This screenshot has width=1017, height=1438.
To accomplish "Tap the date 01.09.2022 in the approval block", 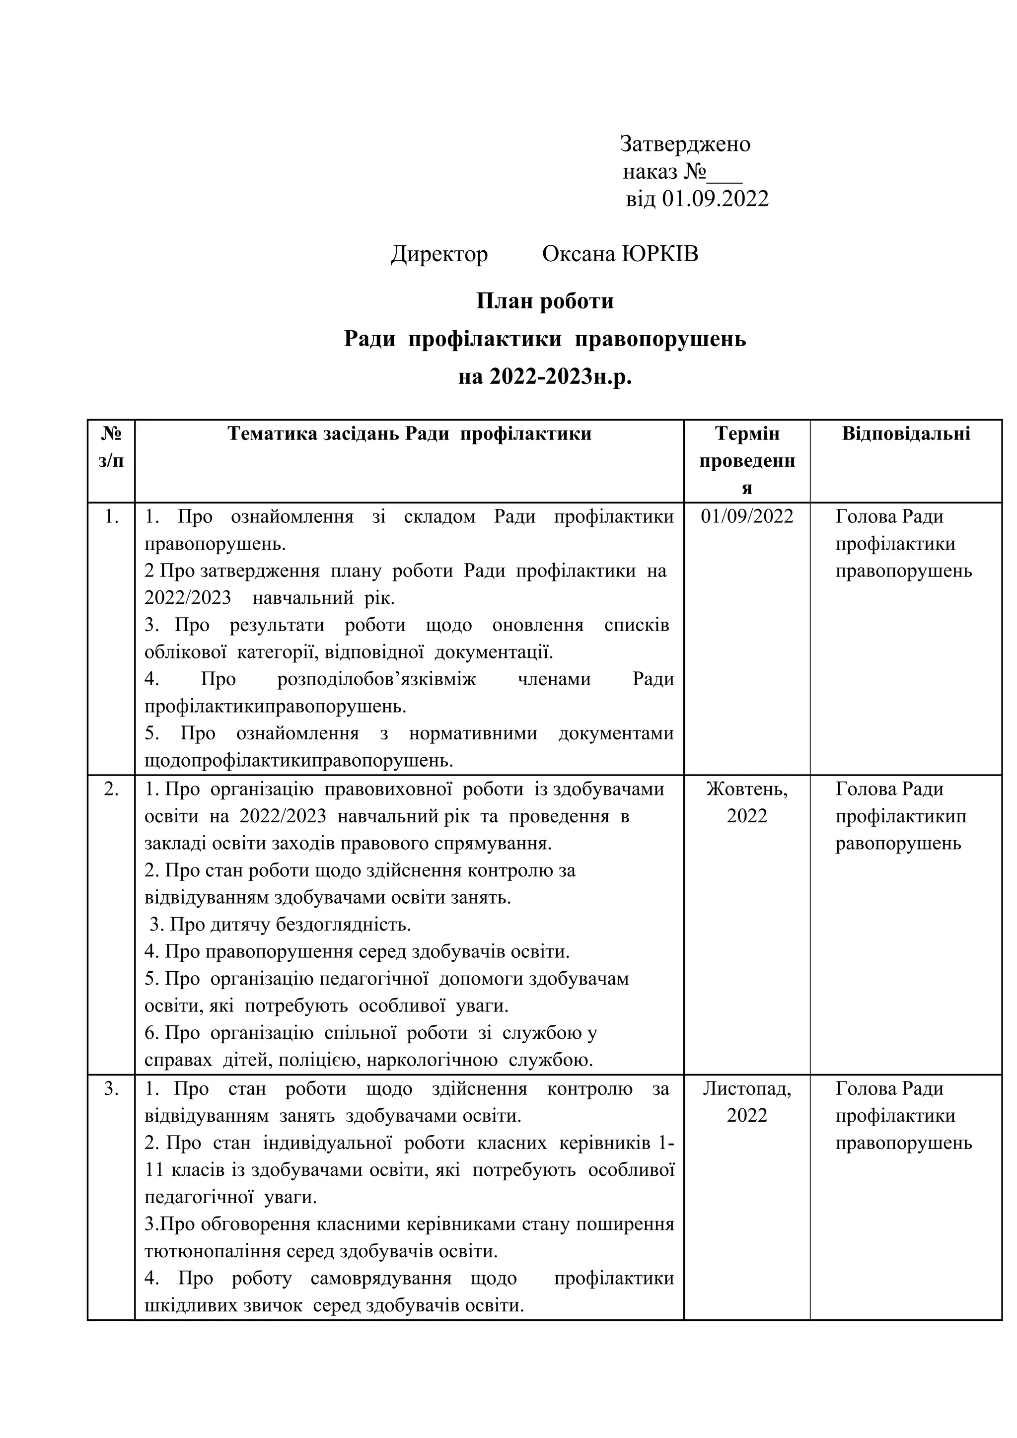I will pos(715,199).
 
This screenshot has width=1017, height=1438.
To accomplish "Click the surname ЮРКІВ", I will pos(660,254).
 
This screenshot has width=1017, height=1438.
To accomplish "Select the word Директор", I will pos(439,254).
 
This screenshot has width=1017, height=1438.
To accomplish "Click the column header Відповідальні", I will pos(906,434).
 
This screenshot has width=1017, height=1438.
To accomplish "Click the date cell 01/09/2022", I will pos(746,517).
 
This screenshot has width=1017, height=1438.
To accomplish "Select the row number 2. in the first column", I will pos(111,789).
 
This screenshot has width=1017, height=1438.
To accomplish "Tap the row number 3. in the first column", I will pos(111,1088).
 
